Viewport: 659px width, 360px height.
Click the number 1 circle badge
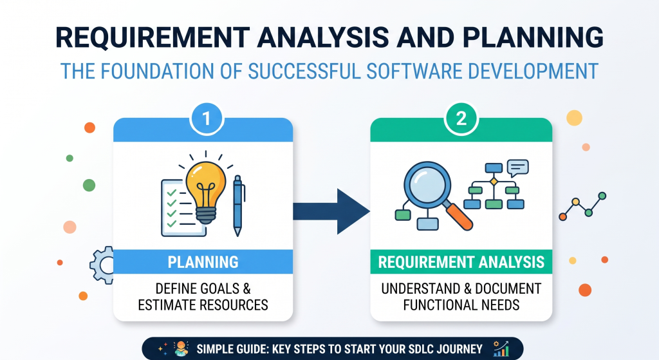pyautogui.click(x=207, y=118)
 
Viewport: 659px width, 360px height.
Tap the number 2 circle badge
pyautogui.click(x=461, y=118)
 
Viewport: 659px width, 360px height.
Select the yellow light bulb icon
pyautogui.click(x=206, y=190)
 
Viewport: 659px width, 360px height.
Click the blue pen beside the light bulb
pyautogui.click(x=238, y=205)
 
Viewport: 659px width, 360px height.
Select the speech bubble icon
pyautogui.click(x=518, y=168)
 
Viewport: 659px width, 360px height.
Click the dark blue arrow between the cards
pyautogui.click(x=331, y=211)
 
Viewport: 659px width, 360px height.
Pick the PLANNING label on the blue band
pyautogui.click(x=203, y=262)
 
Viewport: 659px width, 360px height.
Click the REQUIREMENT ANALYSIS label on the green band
pyautogui.click(x=461, y=262)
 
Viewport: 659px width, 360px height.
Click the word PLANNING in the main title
pyautogui.click(x=533, y=37)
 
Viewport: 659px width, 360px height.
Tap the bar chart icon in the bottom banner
pyautogui.click(x=501, y=348)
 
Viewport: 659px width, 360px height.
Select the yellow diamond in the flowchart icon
pyautogui.click(x=494, y=181)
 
